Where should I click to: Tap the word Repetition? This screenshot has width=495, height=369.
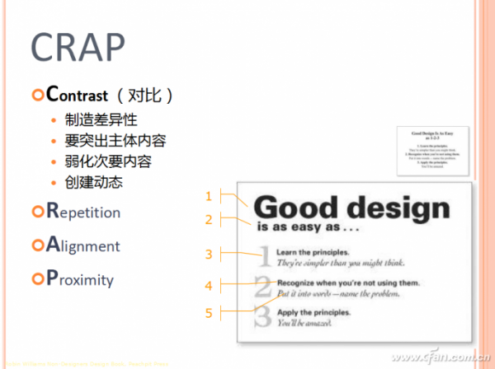point(82,212)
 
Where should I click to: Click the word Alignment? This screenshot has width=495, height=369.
point(82,245)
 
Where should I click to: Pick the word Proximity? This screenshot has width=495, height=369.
point(80,279)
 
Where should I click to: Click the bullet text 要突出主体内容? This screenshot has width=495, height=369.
point(115,141)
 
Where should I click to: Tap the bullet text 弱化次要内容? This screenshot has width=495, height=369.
point(108,161)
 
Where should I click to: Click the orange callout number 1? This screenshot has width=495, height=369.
point(209,196)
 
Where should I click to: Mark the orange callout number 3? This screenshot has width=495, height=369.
point(209,254)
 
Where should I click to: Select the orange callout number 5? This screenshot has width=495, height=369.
point(209,312)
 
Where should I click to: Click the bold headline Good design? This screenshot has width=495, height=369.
point(352,208)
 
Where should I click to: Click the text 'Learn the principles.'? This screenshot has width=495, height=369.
point(313,251)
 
